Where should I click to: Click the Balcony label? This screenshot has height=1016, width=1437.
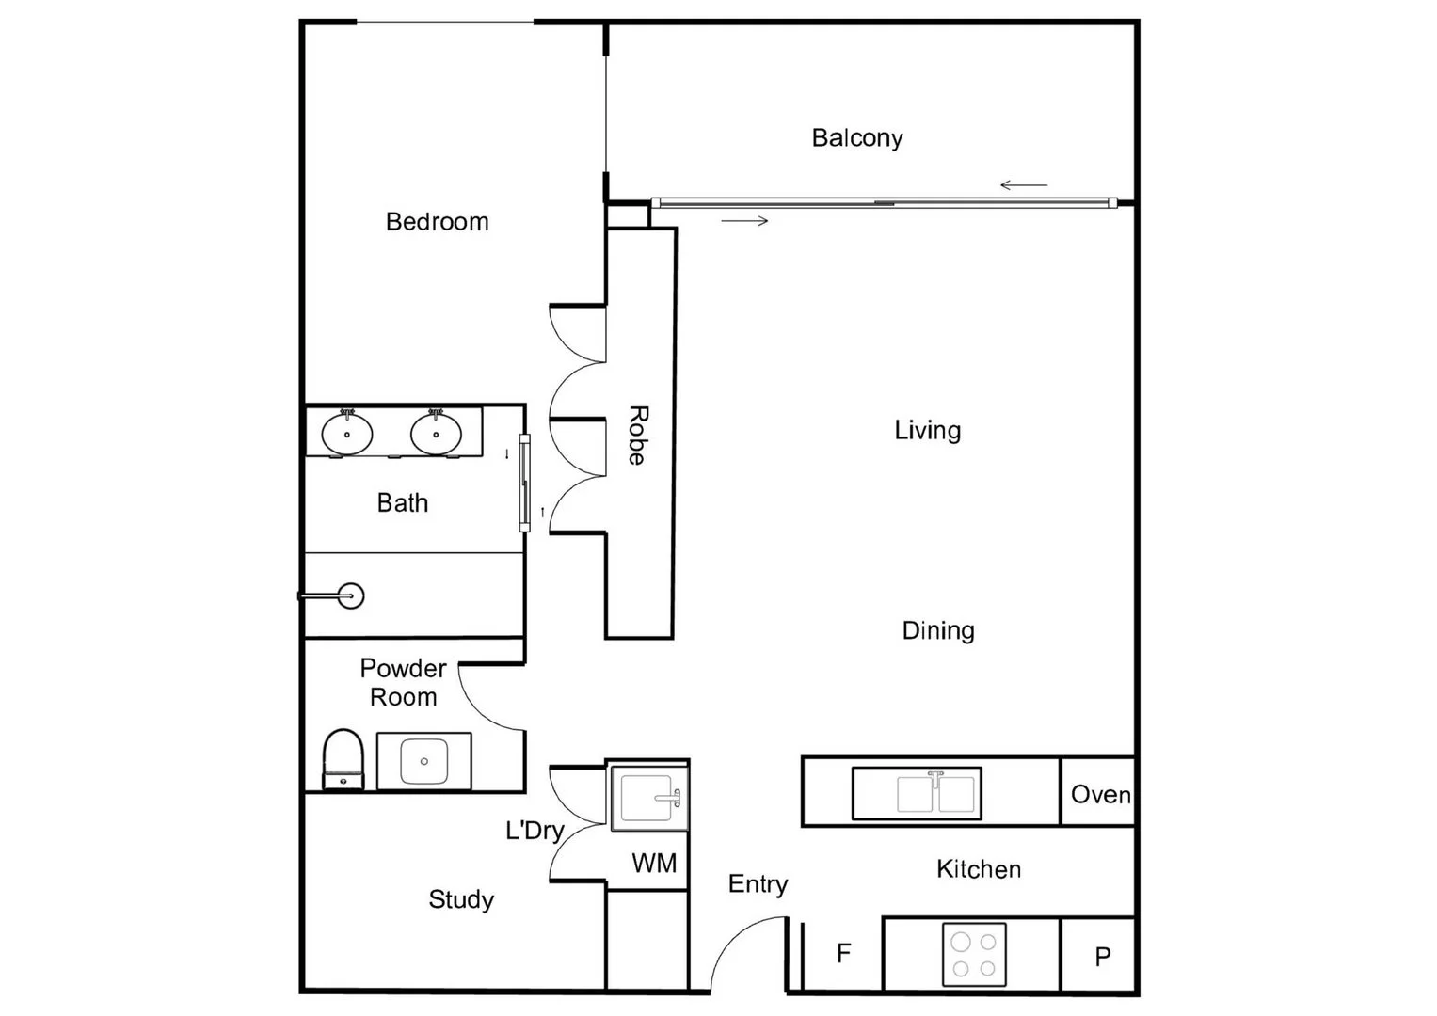[856, 138]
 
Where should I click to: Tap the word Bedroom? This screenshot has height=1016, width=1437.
[437, 222]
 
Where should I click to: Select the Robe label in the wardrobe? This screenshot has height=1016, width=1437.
[638, 435]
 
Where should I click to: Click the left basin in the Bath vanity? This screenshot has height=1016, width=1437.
[347, 434]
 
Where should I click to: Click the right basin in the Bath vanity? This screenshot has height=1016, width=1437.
[436, 434]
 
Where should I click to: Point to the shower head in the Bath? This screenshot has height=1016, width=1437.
[350, 595]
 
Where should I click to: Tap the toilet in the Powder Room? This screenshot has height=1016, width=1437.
[343, 758]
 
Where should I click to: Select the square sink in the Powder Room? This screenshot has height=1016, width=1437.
[424, 760]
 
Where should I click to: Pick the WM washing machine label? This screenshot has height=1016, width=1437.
[653, 863]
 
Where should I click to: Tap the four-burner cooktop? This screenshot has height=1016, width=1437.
[974, 955]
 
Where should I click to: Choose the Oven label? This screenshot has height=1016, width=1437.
[1100, 795]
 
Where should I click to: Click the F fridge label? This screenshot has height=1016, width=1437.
[843, 954]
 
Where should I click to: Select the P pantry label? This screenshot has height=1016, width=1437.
[1102, 957]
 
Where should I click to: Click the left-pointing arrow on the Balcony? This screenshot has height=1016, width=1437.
[1024, 185]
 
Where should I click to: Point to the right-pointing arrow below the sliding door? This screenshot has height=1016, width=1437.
[745, 221]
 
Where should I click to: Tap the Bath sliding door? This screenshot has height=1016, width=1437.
[524, 483]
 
